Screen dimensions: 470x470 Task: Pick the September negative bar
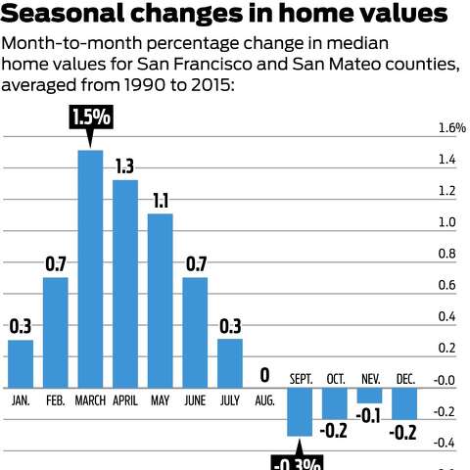(x=301, y=410)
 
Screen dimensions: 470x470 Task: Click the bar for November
(x=370, y=395)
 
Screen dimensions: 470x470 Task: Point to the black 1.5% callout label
(x=91, y=118)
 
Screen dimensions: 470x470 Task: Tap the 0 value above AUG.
(x=265, y=375)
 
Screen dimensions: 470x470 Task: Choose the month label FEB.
(x=56, y=399)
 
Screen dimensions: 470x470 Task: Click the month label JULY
(x=230, y=399)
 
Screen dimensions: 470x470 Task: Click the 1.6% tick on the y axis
(x=451, y=128)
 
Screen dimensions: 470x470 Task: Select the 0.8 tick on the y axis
(x=446, y=254)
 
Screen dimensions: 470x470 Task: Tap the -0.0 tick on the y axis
(x=446, y=380)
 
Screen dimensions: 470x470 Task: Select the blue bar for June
(x=196, y=331)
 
